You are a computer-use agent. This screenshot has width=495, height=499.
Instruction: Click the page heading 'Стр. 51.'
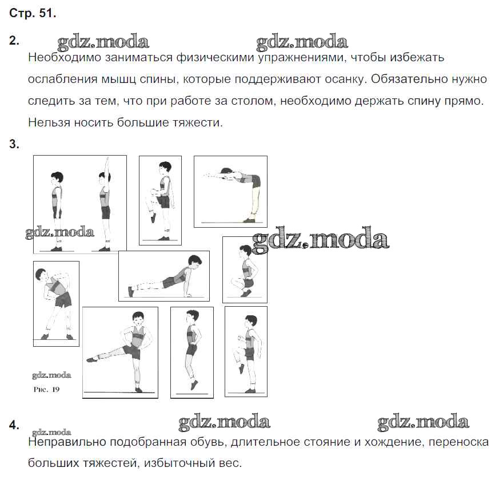(33, 14)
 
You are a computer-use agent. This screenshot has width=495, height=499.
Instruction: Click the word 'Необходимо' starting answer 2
(60, 58)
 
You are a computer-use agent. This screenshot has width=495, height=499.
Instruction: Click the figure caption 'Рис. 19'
(46, 390)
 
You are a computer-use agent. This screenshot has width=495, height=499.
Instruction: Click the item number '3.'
(14, 144)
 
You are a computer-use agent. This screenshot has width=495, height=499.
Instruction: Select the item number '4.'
(14, 425)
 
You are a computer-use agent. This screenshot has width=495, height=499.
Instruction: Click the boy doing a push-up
(166, 276)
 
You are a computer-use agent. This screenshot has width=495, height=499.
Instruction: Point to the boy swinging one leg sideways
(129, 349)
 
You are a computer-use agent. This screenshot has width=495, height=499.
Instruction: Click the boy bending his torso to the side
(55, 298)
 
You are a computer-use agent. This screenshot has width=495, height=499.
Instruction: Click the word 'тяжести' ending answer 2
(199, 122)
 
